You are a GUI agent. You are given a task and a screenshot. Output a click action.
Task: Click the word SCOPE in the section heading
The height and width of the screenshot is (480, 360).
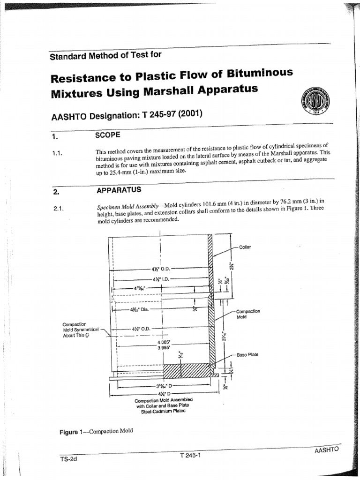pos(108,135)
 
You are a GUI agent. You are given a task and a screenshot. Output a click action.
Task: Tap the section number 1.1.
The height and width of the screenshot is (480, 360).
pos(59,153)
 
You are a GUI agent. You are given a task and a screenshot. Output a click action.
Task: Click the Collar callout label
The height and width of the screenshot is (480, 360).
pos(245,247)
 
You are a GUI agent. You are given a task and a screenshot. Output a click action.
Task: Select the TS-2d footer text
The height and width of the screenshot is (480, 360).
pos(68,459)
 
